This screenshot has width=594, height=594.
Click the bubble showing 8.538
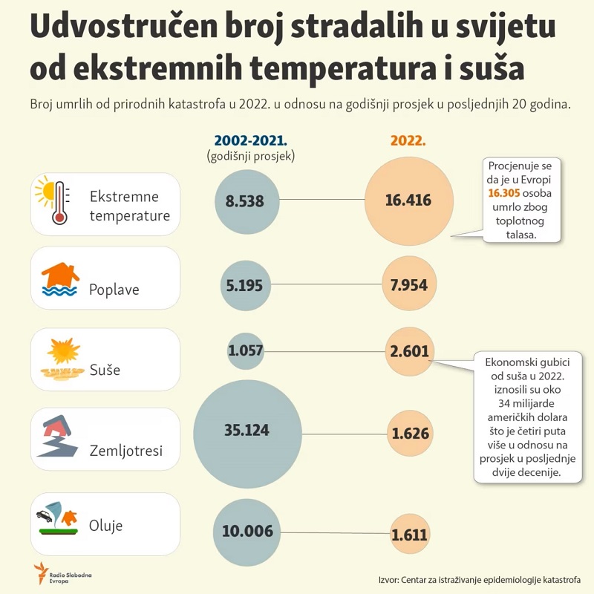tap(245, 200)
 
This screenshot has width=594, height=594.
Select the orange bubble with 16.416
tap(408, 200)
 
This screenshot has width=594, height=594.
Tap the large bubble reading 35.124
tap(248, 430)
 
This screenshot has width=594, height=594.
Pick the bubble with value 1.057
tap(246, 351)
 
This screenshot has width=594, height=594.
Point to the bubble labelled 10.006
tap(247, 531)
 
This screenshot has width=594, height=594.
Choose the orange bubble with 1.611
tap(410, 532)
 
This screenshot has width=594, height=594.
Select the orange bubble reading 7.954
tap(409, 284)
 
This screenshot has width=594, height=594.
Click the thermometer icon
tap(58, 201)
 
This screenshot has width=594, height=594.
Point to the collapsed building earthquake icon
tap(57, 436)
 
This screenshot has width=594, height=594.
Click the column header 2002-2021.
tap(250, 140)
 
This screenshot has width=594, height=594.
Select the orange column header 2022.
tap(408, 140)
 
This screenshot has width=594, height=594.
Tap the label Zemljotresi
tap(125, 450)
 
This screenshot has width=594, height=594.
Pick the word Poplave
tap(114, 289)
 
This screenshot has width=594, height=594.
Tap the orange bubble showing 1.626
tap(410, 432)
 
